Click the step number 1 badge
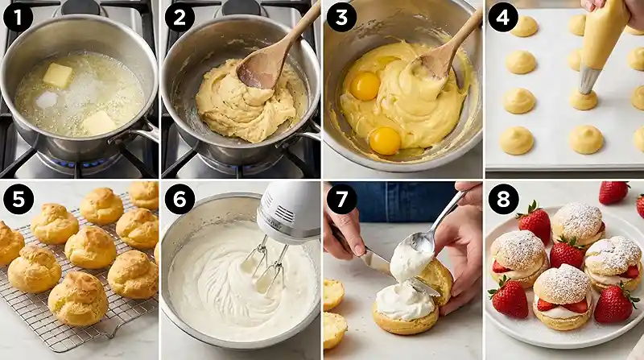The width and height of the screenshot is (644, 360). coord(18,17)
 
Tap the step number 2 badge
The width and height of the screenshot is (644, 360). coord(179,17)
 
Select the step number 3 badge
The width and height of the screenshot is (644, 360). coord(341,17)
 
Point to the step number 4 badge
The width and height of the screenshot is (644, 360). coord(502,17)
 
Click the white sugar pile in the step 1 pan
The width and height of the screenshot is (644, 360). coord(47,99)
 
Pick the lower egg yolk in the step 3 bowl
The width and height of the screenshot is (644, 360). coord(385,140)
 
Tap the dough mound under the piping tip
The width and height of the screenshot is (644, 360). coord(584,99)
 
